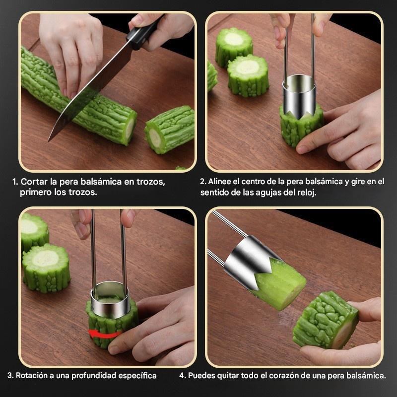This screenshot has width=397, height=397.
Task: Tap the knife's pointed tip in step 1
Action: pos(49,141)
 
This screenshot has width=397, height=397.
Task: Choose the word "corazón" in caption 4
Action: pos(283,376)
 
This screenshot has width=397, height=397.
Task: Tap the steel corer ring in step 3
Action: pos(110,300)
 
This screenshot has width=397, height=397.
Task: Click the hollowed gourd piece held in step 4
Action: pos(326,320)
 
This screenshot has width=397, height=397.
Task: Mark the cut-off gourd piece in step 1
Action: pos(169,130)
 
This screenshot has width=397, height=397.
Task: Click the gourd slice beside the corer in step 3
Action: pos(46,268)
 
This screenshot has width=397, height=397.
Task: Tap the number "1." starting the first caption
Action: pos(15,182)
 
